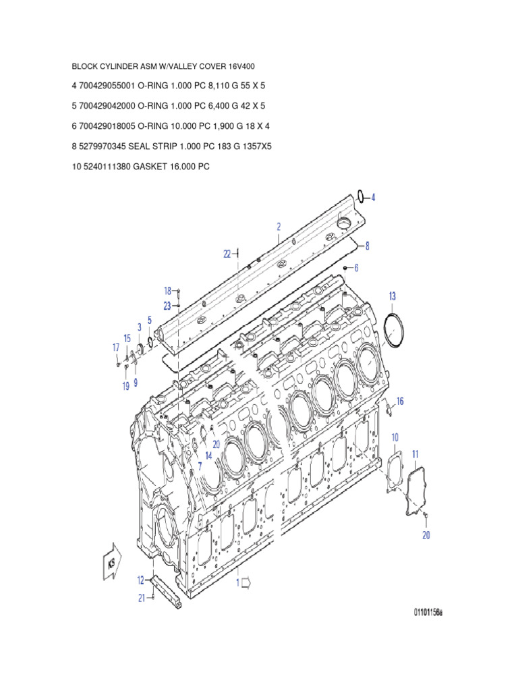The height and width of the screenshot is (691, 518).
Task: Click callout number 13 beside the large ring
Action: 392,296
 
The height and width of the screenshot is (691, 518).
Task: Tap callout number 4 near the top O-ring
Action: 373,198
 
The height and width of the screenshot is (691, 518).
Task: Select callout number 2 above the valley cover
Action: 278,227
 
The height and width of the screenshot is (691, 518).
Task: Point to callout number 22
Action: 227,254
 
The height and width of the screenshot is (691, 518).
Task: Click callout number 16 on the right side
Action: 400,402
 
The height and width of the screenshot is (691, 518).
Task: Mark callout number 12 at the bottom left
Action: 140,579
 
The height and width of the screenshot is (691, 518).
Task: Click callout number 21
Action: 142,597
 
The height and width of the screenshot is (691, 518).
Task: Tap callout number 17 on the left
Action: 115,348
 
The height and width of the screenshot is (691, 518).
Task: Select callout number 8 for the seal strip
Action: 367,246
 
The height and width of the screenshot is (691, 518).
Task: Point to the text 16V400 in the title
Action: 241,67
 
